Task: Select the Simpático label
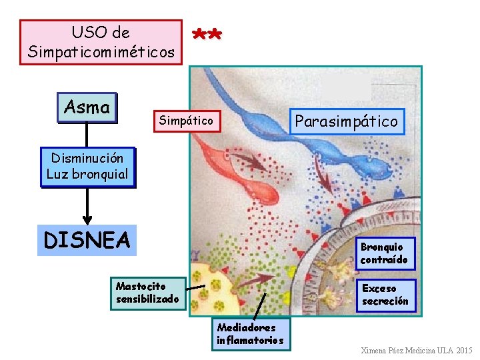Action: (186, 121)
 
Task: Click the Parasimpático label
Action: (346, 121)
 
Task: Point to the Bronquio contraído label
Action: (383, 253)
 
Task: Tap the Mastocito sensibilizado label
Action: (147, 293)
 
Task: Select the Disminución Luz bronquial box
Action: (87, 167)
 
